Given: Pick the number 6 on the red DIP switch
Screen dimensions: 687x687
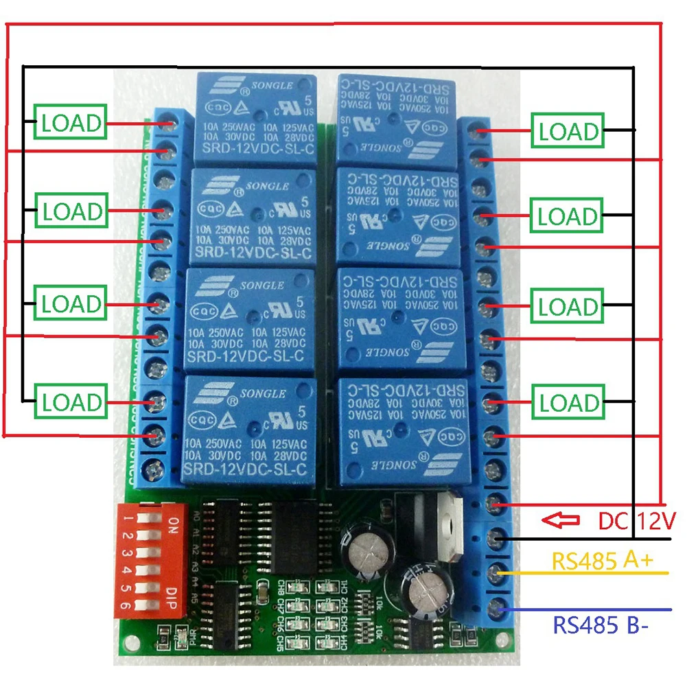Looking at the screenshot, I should (x=127, y=605).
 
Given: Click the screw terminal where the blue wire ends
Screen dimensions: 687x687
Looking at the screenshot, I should (x=496, y=608).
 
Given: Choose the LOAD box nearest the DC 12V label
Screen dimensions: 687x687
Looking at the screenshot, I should (x=568, y=403).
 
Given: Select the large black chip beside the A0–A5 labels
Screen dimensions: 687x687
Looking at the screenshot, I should (x=288, y=535).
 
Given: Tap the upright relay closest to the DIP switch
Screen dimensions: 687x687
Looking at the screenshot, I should (x=249, y=430).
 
